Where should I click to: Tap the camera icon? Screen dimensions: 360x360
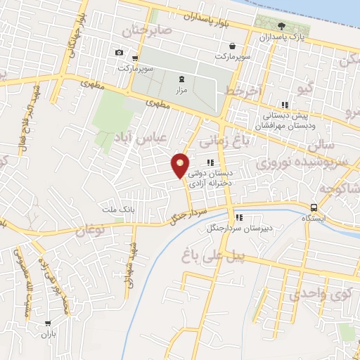(x=119, y=53)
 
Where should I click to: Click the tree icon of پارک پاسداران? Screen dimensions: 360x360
(x=282, y=26)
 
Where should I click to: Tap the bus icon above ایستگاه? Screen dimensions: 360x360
(x=314, y=207)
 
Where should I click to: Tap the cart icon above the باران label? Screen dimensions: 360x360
(x=48, y=324)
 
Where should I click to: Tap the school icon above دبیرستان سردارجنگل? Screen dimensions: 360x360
(x=238, y=217)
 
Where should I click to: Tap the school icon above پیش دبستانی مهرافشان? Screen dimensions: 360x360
(x=284, y=104)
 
